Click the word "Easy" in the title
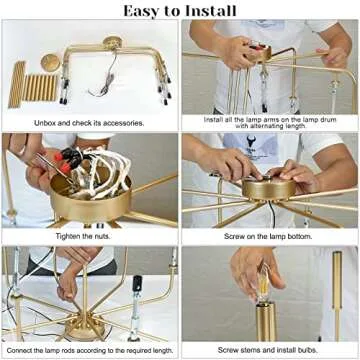(x=146, y=11)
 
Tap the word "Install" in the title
(x=207, y=11)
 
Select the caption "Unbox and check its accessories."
(x=89, y=123)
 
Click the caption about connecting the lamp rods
(x=89, y=350)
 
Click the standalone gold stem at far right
(x=338, y=300)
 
